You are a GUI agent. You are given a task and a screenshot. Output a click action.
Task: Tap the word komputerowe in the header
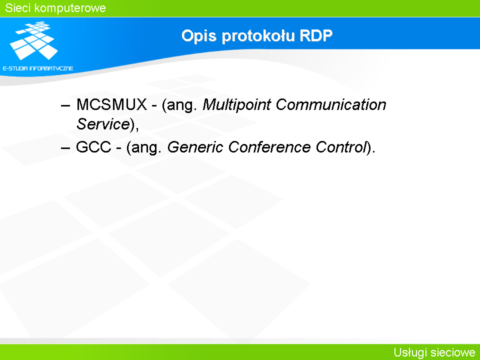[70, 8]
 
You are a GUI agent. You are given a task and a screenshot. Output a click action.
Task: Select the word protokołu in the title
[258, 36]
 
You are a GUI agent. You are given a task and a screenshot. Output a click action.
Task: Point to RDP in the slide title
[316, 36]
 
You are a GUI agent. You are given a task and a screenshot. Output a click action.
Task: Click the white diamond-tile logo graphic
[34, 40]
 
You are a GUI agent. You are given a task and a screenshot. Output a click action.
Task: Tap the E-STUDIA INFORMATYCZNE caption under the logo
[38, 68]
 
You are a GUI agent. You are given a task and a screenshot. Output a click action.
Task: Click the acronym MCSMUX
[111, 104]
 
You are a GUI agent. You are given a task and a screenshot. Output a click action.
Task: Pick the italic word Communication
[331, 104]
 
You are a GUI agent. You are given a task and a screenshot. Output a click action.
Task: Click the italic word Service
[103, 124]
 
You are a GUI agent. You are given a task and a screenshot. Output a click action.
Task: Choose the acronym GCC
[93, 147]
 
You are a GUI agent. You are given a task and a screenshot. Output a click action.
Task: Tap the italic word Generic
[195, 147]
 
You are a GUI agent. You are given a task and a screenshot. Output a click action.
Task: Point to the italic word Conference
[269, 147]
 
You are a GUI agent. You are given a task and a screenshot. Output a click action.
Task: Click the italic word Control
[341, 147]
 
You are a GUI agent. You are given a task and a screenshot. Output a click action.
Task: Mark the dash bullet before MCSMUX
[65, 105]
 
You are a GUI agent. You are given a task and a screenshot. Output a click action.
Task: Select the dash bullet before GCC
[65, 148]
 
